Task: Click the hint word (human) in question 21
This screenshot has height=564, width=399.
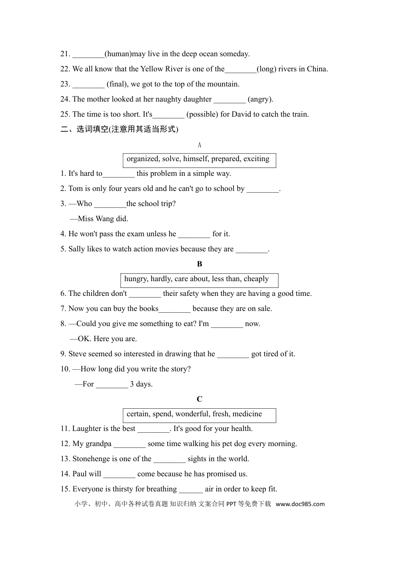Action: [118, 54]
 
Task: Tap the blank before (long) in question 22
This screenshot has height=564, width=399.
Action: [240, 69]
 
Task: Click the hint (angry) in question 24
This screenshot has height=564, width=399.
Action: [260, 99]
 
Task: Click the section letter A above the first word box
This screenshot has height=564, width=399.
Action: [199, 145]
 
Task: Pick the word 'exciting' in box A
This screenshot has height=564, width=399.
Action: [256, 159]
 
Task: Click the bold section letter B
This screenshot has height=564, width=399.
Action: [199, 264]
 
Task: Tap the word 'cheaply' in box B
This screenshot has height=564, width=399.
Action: [256, 279]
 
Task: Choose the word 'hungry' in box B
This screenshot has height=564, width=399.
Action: [135, 279]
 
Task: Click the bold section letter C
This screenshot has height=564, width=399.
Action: [199, 399]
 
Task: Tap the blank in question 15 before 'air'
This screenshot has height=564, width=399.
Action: [191, 489]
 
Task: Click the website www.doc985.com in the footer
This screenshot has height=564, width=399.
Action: [300, 504]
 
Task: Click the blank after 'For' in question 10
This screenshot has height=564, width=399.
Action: [112, 384]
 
